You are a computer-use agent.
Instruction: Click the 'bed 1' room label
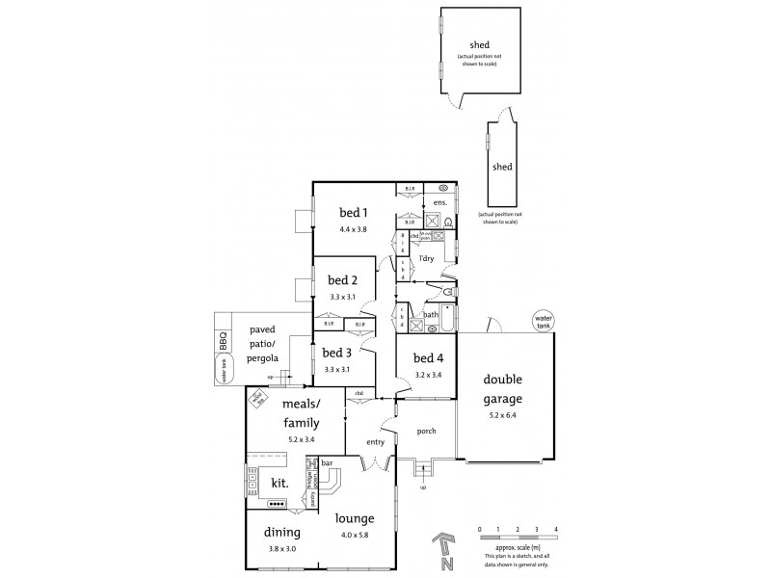353,213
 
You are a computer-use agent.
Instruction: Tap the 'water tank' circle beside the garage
546,321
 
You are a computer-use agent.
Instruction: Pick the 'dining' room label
281,532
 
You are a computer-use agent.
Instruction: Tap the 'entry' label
375,442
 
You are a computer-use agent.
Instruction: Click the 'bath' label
430,314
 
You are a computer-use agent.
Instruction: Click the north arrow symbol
442,547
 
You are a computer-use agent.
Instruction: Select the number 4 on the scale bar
556,530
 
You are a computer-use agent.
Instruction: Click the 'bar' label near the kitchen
327,462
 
